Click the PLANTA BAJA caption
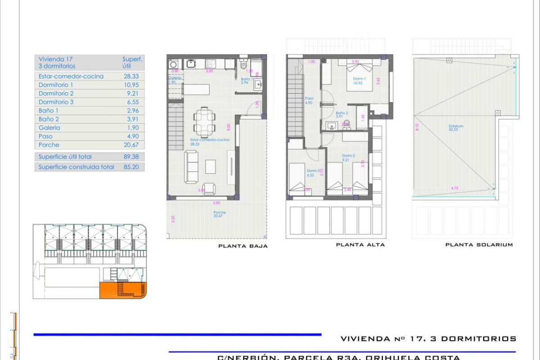tap(243, 246)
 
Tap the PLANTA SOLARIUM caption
tap(479, 245)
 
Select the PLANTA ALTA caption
tap(360, 245)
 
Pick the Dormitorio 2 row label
tap(56, 94)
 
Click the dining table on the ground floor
tap(205, 122)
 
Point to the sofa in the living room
tap(191, 167)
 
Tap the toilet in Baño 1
tap(243, 66)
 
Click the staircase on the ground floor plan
tap(176, 126)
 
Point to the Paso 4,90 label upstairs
tap(309, 100)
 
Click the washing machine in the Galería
tap(173, 65)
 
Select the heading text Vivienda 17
tap(55, 59)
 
